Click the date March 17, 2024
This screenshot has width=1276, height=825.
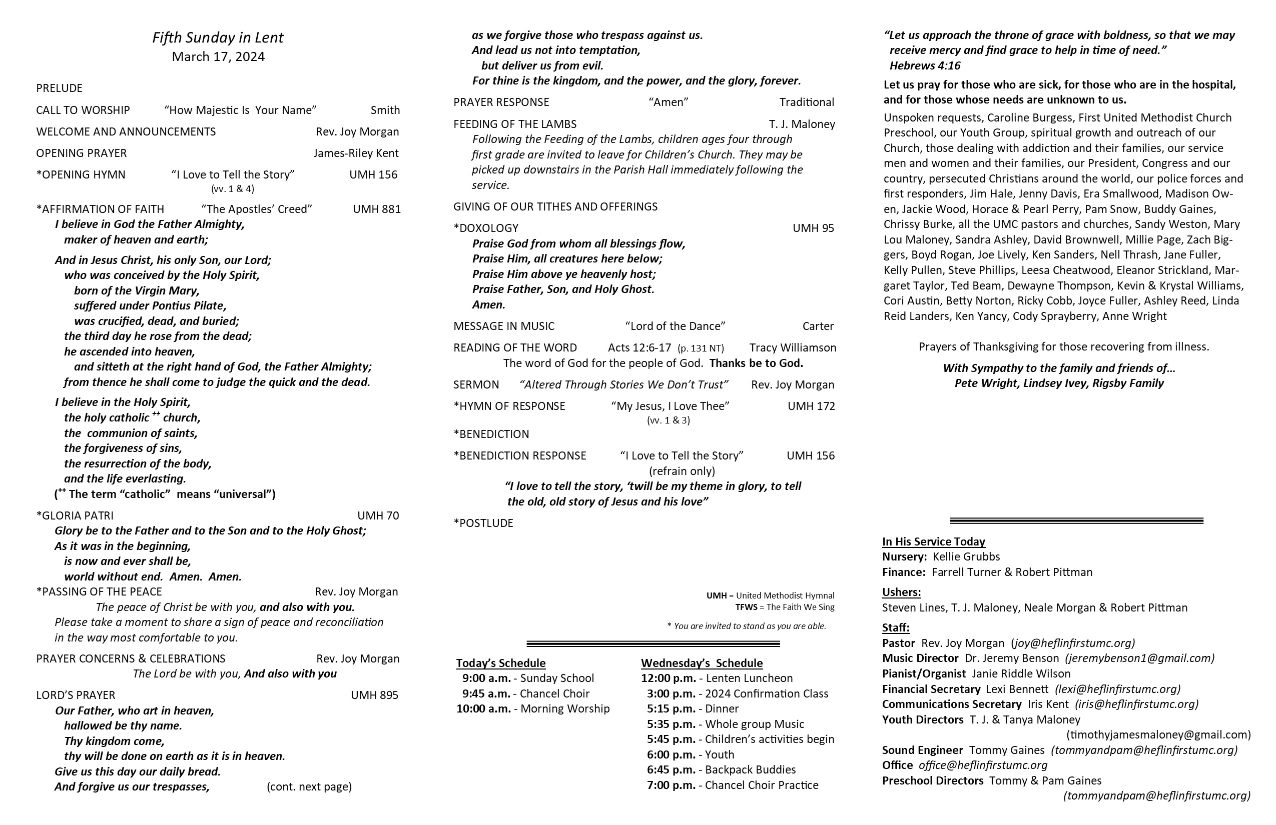click(218, 57)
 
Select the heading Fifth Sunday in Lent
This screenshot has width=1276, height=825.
click(218, 37)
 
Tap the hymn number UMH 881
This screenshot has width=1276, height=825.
click(376, 209)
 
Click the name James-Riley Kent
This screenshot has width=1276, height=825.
click(356, 153)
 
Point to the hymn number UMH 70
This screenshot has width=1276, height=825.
click(378, 515)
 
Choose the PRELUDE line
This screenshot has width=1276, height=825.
click(60, 88)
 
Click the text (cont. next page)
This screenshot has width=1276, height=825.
click(309, 786)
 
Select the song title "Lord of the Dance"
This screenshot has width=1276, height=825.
click(675, 326)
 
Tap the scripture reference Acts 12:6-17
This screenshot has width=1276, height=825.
click(639, 347)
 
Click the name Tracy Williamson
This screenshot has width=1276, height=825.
click(793, 347)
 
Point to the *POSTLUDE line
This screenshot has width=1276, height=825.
click(483, 523)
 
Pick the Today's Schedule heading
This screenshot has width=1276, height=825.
click(501, 663)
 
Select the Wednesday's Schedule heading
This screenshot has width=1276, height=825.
click(701, 663)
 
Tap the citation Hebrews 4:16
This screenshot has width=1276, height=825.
click(925, 66)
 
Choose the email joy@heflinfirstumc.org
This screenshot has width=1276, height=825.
click(1073, 643)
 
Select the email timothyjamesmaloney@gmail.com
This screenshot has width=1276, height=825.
click(1158, 734)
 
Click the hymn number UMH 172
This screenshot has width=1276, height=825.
click(811, 406)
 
